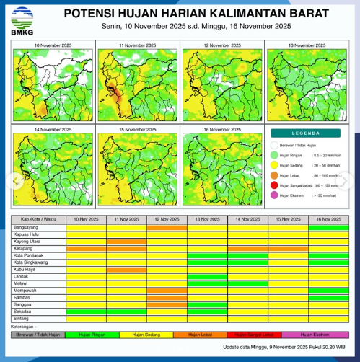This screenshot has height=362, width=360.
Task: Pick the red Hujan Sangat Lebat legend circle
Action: click(x=273, y=185)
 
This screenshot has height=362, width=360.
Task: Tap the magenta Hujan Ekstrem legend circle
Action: click(x=273, y=195)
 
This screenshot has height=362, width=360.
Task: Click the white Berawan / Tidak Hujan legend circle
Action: click(x=273, y=145)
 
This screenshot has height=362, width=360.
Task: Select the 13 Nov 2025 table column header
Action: click(x=207, y=219)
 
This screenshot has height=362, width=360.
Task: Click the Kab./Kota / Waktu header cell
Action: click(x=38, y=219)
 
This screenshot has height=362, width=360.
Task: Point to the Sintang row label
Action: click(x=22, y=318)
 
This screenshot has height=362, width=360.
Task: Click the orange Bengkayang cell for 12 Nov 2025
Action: click(x=167, y=227)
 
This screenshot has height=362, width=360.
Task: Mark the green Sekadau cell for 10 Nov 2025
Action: click(x=86, y=312)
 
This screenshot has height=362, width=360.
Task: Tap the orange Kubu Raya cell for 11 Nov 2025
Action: click(x=126, y=270)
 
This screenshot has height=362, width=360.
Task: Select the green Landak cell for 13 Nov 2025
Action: click(x=207, y=276)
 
